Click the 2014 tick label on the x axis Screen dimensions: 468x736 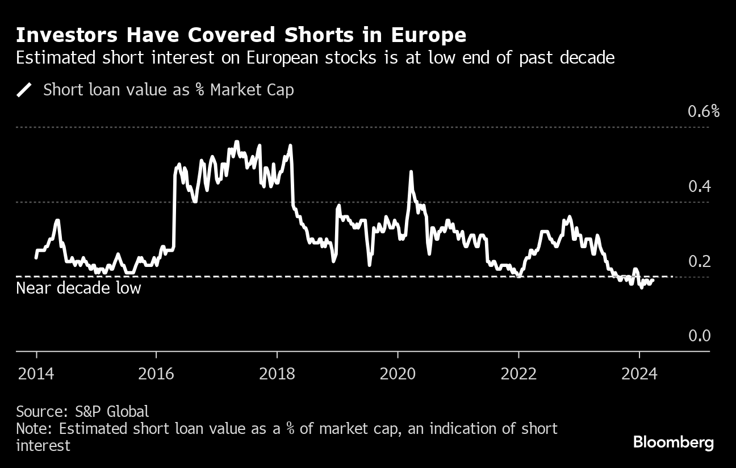[x=36, y=374]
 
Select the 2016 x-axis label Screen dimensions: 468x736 [x=157, y=374]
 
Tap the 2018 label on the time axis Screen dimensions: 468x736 [x=277, y=374]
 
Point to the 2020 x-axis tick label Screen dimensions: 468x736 [x=398, y=374]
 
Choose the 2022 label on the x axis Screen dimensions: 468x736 [x=518, y=374]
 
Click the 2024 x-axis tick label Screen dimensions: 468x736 [x=639, y=374]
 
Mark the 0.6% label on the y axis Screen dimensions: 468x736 [x=704, y=111]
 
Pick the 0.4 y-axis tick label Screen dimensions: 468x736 [x=699, y=186]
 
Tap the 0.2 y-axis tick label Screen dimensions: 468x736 [x=699, y=261]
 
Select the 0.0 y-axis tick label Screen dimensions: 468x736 [x=699, y=336]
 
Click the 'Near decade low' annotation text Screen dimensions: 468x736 [x=78, y=288]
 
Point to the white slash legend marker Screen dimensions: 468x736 [x=24, y=90]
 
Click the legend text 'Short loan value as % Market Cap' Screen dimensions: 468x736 [x=169, y=90]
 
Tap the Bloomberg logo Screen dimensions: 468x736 [x=673, y=442]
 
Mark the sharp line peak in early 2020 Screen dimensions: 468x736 [x=410, y=172]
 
